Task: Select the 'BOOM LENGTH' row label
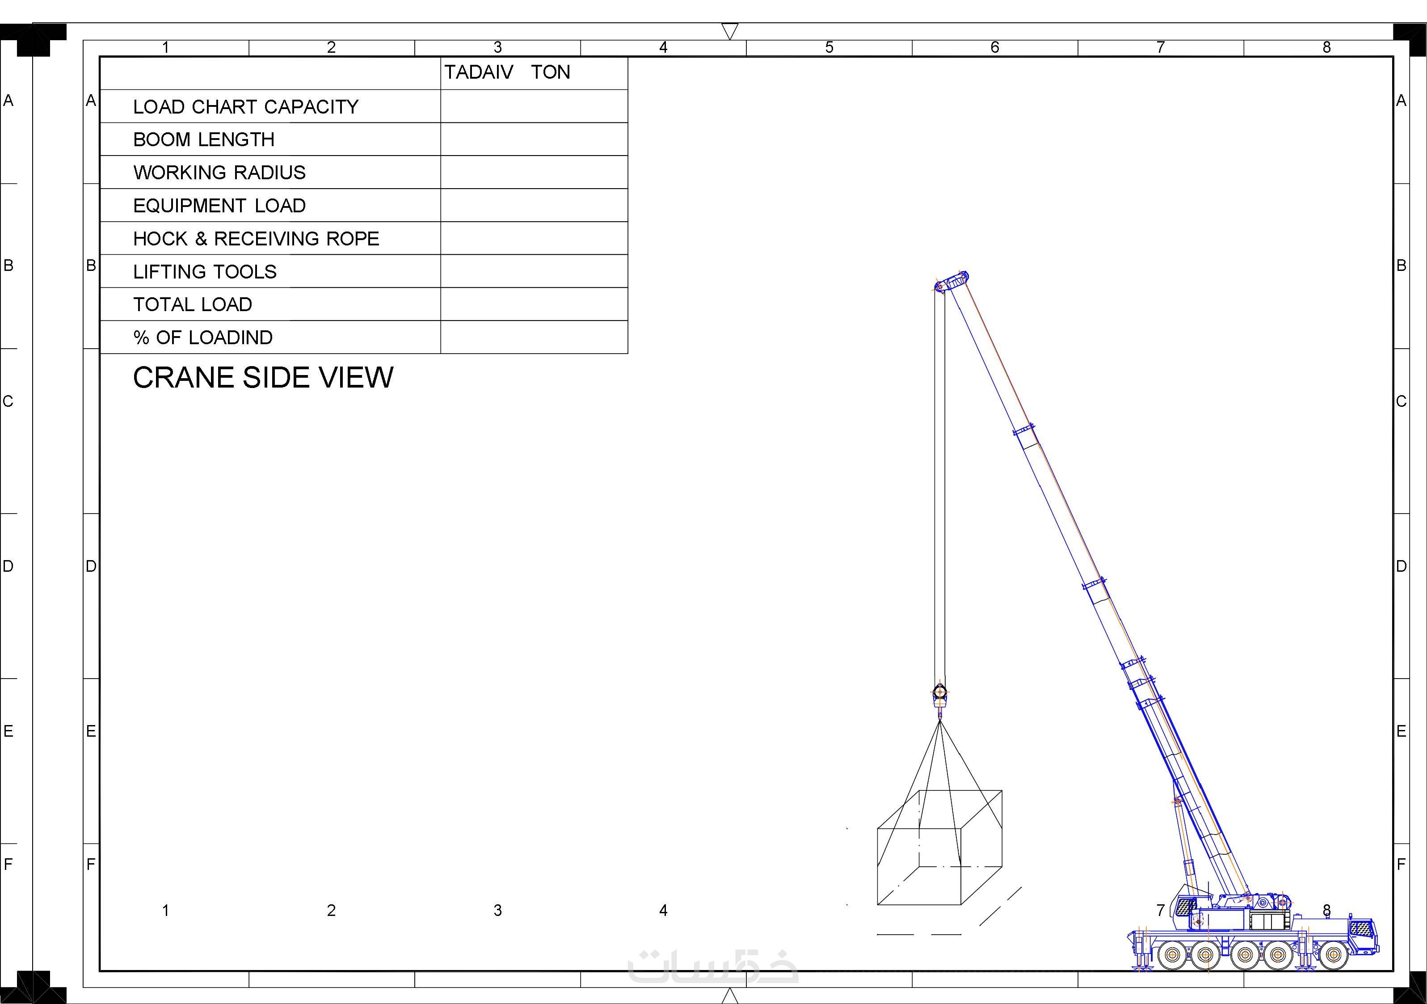[x=204, y=140]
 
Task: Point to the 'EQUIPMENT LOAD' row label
[x=219, y=206]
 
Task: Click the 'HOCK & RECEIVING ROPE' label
[x=256, y=239]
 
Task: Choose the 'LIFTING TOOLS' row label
[x=205, y=272]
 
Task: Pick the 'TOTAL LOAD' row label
[x=193, y=304]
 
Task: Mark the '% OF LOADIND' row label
[x=202, y=337]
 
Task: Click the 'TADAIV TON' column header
[x=507, y=72]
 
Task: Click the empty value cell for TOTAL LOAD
[x=534, y=304]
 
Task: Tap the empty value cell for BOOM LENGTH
[x=534, y=139]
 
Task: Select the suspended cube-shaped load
[x=939, y=848]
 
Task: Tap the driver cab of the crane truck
[x=1362, y=936]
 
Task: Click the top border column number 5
[x=829, y=48]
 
